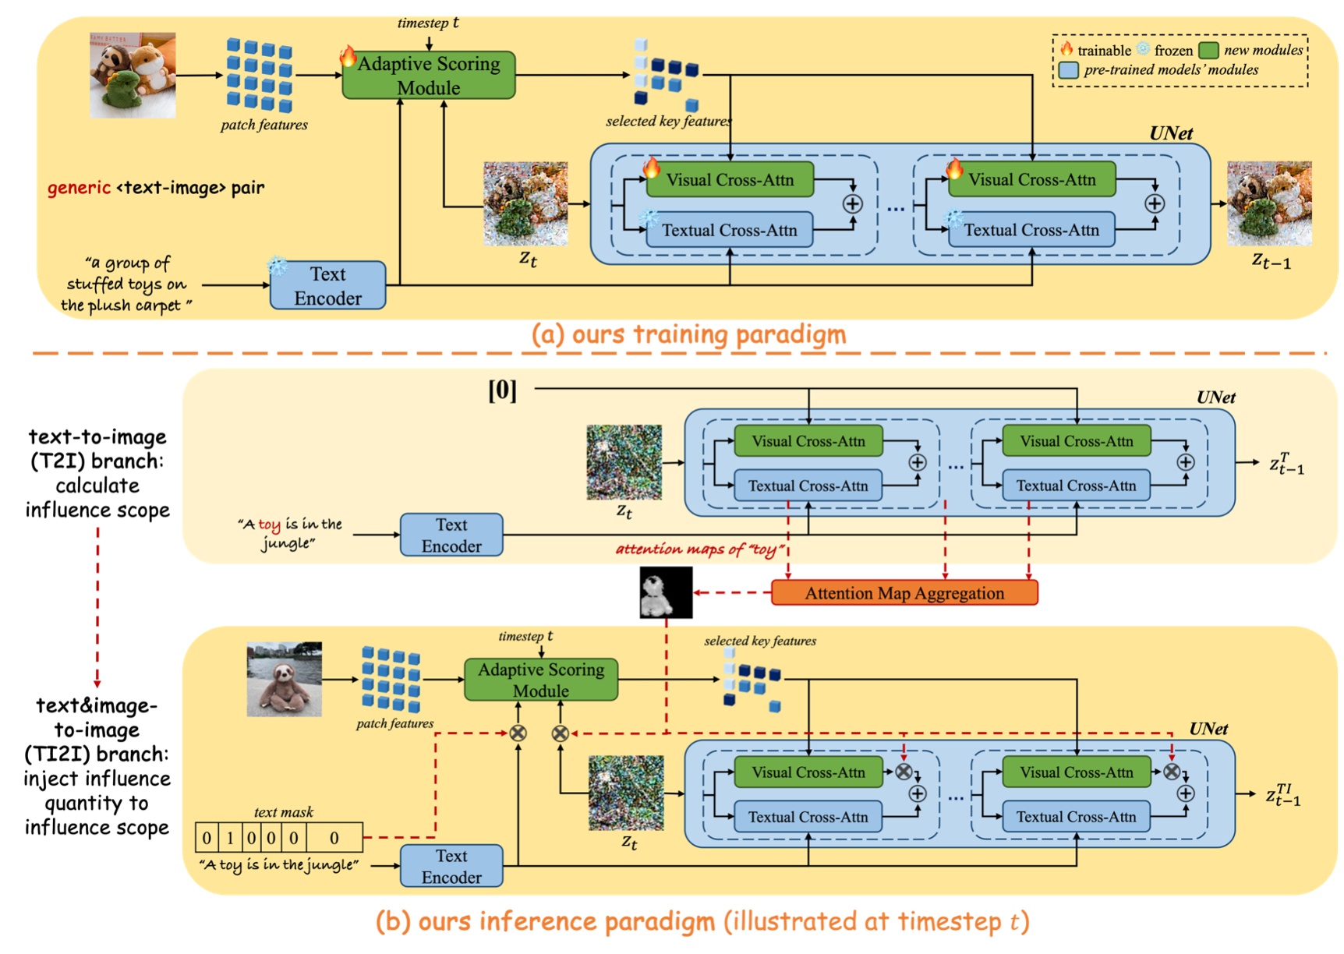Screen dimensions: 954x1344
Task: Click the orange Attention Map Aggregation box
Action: pos(904,593)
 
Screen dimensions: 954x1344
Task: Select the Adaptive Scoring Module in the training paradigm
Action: pos(429,76)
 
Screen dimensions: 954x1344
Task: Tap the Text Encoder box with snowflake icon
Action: pos(327,286)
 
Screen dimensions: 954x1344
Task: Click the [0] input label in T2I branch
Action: pos(502,390)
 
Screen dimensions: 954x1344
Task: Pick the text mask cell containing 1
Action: pos(230,838)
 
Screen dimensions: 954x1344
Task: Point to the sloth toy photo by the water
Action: pos(284,679)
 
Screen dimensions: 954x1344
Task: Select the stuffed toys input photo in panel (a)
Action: pos(133,76)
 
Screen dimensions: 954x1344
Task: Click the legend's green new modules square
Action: pos(1208,51)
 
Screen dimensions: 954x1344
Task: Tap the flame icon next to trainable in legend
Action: pos(1066,49)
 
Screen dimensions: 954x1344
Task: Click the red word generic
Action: pos(79,188)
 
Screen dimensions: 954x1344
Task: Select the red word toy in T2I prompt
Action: pos(269,525)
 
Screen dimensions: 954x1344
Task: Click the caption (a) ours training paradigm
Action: pos(688,334)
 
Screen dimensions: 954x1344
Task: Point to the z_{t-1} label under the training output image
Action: pos(1271,261)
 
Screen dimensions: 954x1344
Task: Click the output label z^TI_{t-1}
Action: pos(1282,796)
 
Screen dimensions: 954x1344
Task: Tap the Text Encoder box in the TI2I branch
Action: pos(451,866)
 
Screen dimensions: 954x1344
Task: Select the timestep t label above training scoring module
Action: pos(428,23)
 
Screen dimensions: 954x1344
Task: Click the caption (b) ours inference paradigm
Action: pos(702,922)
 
